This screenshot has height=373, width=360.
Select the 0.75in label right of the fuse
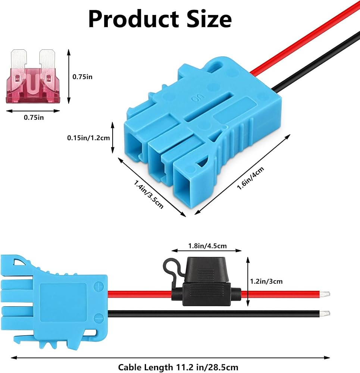(82, 76)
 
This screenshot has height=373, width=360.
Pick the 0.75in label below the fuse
(34, 117)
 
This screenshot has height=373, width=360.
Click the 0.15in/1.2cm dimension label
(88, 138)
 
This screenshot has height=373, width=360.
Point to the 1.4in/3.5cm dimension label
(148, 194)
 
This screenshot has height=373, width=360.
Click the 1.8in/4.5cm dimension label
(207, 246)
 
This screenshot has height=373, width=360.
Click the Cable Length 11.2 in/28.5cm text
(178, 367)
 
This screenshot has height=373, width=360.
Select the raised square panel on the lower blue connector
(63, 300)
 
